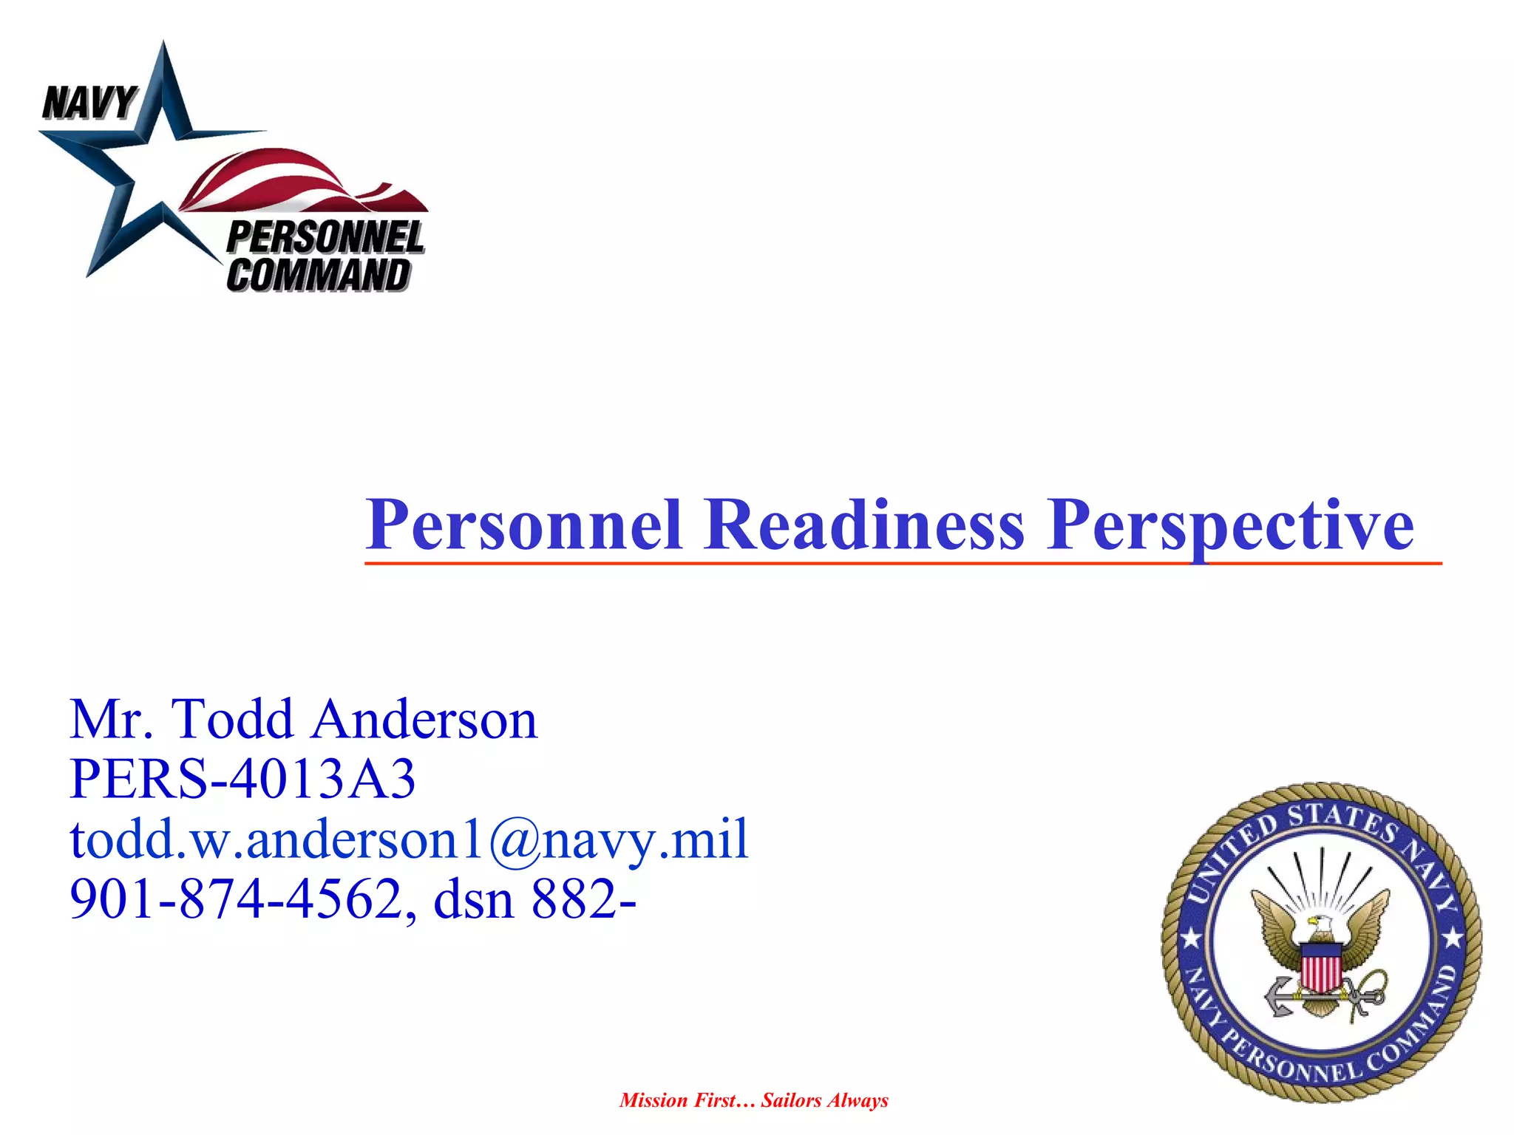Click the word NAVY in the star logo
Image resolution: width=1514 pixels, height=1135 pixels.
point(89,102)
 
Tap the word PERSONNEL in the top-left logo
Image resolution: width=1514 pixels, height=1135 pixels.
point(325,237)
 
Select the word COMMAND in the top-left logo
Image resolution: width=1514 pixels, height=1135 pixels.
point(318,275)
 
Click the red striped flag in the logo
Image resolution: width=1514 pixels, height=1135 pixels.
point(296,181)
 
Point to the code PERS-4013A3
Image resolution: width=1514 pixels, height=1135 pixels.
point(242,779)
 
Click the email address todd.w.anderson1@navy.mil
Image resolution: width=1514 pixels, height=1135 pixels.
point(409,840)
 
